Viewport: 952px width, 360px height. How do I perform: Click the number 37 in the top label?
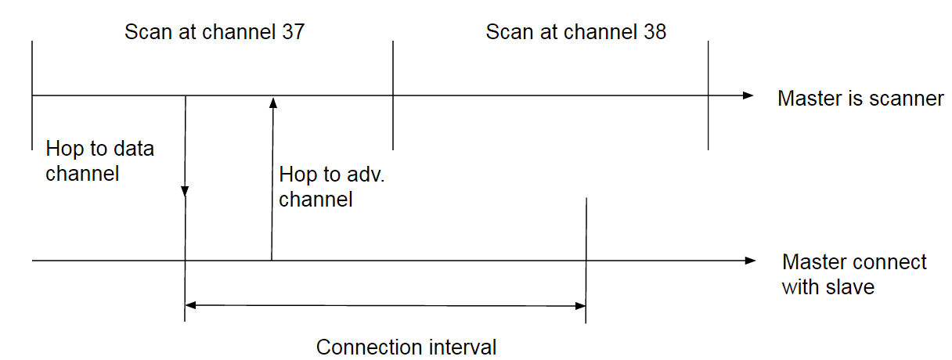click(294, 32)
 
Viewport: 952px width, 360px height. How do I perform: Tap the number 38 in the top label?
click(654, 32)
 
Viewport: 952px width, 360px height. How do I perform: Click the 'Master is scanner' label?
click(860, 99)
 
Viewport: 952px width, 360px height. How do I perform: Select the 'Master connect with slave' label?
click(854, 275)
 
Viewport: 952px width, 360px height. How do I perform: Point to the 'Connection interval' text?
click(406, 347)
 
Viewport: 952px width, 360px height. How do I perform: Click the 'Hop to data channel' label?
click(100, 161)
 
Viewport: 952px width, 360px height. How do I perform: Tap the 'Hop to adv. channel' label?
click(332, 187)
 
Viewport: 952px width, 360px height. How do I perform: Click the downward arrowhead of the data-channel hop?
click(185, 191)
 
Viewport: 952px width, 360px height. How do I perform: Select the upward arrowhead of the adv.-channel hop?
click(273, 103)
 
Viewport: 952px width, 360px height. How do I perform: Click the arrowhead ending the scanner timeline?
click(748, 95)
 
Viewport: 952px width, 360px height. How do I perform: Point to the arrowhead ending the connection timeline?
click(751, 261)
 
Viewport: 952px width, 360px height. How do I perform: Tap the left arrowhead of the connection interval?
click(191, 305)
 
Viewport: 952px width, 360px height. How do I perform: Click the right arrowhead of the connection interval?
click(580, 306)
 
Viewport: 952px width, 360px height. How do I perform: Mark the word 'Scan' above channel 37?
click(148, 32)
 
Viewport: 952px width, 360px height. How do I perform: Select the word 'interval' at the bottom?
click(463, 347)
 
